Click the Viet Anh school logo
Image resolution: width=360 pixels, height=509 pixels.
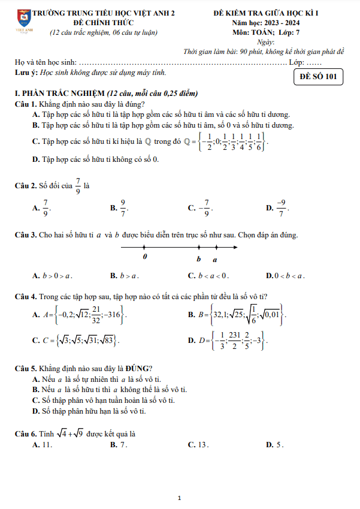[24, 19]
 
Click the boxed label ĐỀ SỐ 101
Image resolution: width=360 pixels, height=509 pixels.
[319, 78]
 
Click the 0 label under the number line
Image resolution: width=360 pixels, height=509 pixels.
[145, 257]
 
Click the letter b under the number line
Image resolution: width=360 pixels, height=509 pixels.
[199, 259]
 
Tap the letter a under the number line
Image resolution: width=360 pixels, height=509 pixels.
[215, 260]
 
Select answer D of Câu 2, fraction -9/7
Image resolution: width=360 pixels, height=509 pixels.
[280, 208]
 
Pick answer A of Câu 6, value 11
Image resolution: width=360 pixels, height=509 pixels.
[45, 444]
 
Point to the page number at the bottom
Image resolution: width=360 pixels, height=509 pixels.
[180, 497]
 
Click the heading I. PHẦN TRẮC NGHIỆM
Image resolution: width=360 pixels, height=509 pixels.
[59, 94]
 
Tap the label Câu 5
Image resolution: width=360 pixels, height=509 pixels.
[26, 368]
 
